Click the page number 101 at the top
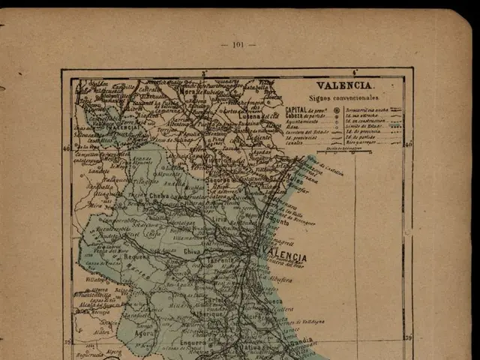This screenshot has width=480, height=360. click(238, 44)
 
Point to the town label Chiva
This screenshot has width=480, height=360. click(193, 252)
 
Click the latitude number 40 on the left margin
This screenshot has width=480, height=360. click(67, 148)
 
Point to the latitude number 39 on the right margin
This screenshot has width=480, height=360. click(409, 338)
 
